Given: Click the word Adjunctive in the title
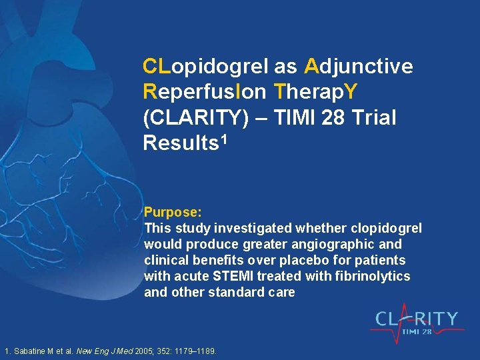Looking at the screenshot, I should click(359, 67).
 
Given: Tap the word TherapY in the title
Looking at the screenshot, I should click(312, 93).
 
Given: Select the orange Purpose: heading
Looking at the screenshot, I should click(173, 213).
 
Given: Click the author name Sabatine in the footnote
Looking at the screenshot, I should click(33, 351).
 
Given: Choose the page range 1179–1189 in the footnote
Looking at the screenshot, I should click(196, 351).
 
